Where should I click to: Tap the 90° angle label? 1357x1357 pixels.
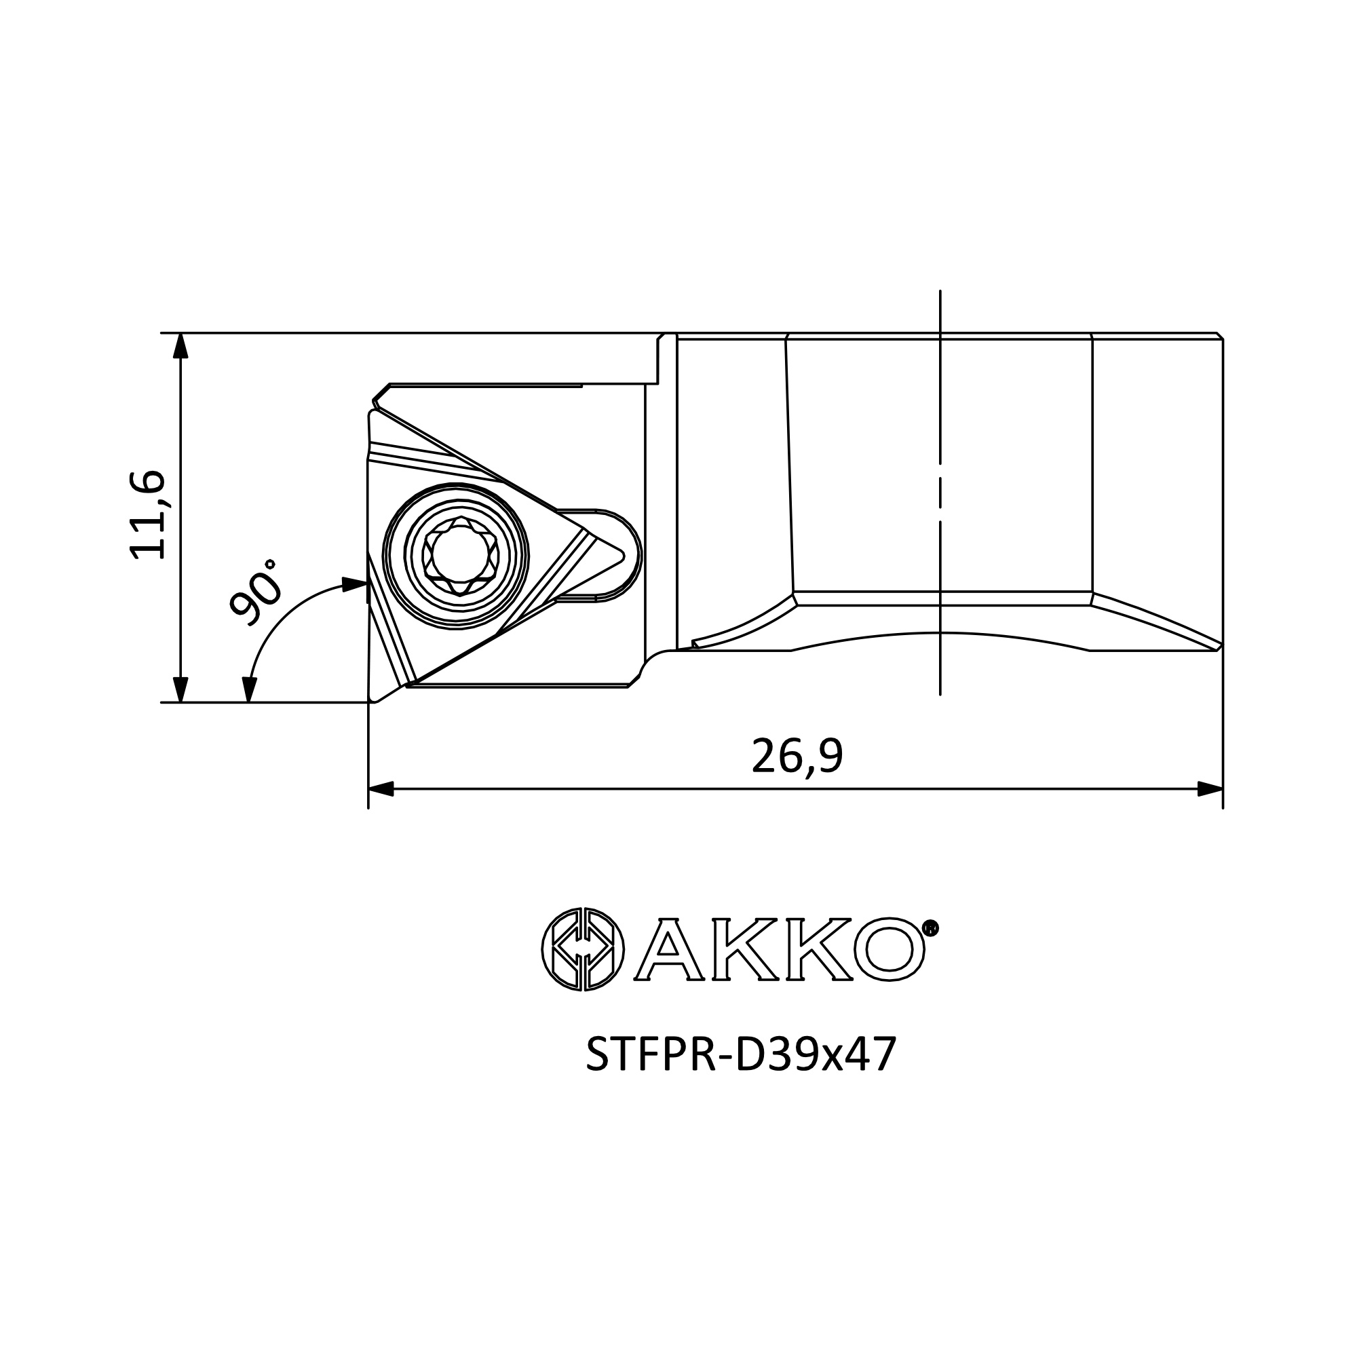tap(256, 592)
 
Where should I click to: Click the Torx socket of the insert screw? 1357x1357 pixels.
tap(460, 554)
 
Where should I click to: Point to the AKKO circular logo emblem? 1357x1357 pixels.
tap(583, 950)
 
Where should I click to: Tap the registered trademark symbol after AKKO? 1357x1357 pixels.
tap(930, 929)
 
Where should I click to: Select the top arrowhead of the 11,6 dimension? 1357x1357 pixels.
tap(180, 345)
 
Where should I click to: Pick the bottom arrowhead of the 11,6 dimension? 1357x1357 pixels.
tap(180, 689)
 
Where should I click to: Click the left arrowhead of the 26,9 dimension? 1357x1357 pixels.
tap(381, 789)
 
